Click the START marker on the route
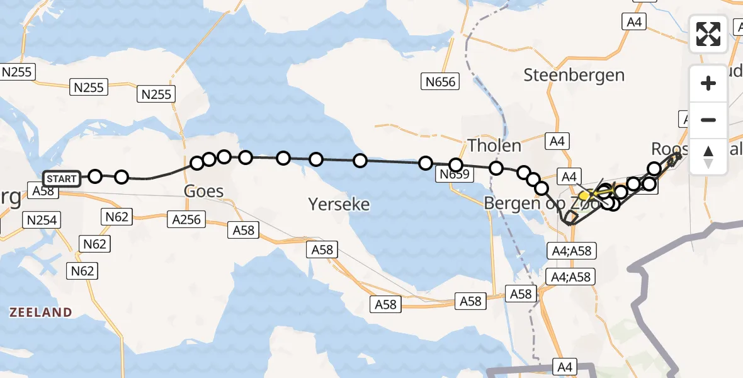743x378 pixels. [x=61, y=179]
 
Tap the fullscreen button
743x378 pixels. [x=708, y=34]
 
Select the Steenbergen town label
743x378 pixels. [x=574, y=75]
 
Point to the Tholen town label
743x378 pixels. [x=494, y=146]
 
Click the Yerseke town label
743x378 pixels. [x=339, y=204]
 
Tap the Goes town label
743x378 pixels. [x=203, y=190]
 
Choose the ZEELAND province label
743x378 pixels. [x=40, y=312]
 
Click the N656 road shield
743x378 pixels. [x=440, y=81]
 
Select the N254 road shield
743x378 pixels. [x=41, y=220]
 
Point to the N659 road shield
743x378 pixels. [x=455, y=175]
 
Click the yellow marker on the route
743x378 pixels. [x=584, y=196]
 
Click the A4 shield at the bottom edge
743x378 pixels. [x=565, y=365]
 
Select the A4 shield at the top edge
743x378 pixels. [x=634, y=22]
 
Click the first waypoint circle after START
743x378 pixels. [x=95, y=176]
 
